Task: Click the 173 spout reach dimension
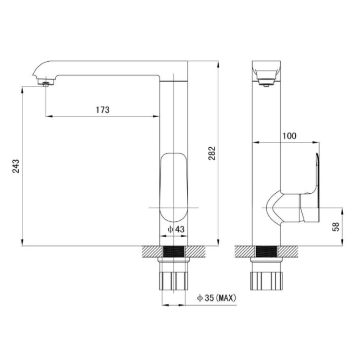[103, 110]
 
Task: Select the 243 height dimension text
[16, 166]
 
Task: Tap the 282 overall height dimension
[212, 153]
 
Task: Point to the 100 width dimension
[289, 136]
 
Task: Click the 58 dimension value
[336, 227]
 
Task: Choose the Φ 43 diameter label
[176, 229]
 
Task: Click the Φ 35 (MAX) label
[217, 298]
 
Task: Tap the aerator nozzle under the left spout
[46, 84]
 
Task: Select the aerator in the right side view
[266, 83]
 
